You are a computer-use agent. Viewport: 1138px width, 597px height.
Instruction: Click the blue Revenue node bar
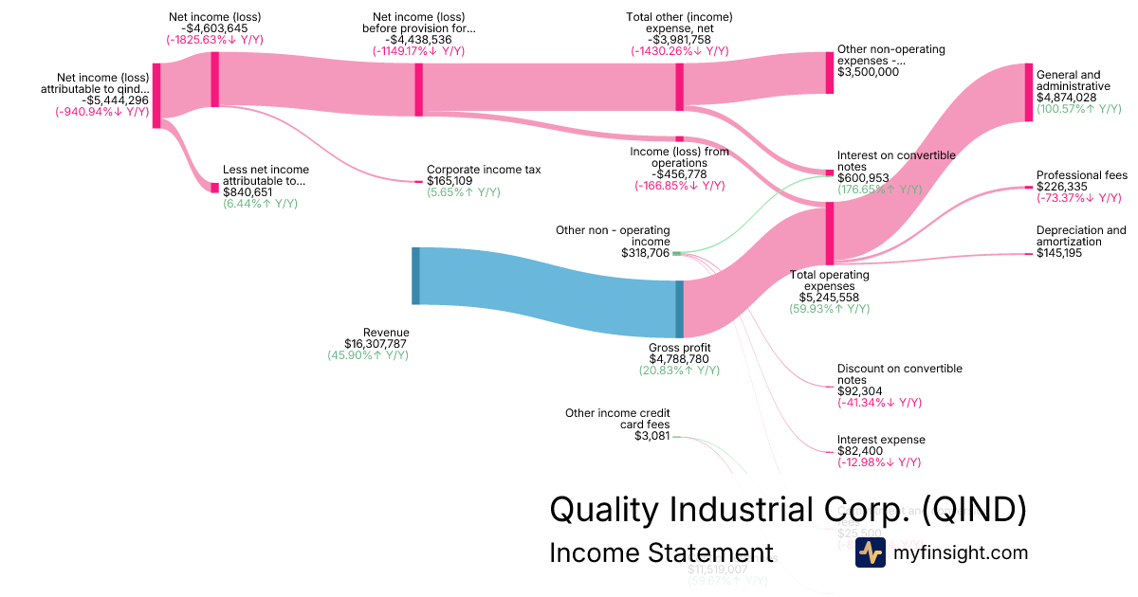point(415,276)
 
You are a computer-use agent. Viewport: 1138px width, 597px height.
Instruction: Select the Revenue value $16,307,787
point(376,344)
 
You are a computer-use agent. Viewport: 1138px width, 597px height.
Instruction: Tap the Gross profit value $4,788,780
point(679,359)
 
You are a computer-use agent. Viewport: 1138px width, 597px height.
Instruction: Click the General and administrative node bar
point(1028,92)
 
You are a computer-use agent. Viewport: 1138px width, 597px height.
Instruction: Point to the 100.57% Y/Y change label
point(1079,109)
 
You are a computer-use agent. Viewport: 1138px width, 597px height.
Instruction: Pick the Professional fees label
point(1081,175)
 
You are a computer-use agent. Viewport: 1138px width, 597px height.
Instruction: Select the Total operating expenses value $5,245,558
point(829,297)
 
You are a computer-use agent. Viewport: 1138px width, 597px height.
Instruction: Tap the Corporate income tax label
point(484,170)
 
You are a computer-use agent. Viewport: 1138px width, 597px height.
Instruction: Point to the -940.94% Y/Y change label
point(102,112)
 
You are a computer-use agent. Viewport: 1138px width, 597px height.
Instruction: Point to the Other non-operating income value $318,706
point(645,253)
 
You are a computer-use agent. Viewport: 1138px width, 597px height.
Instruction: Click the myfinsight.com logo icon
point(870,552)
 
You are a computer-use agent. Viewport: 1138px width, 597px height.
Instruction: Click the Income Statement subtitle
point(661,552)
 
